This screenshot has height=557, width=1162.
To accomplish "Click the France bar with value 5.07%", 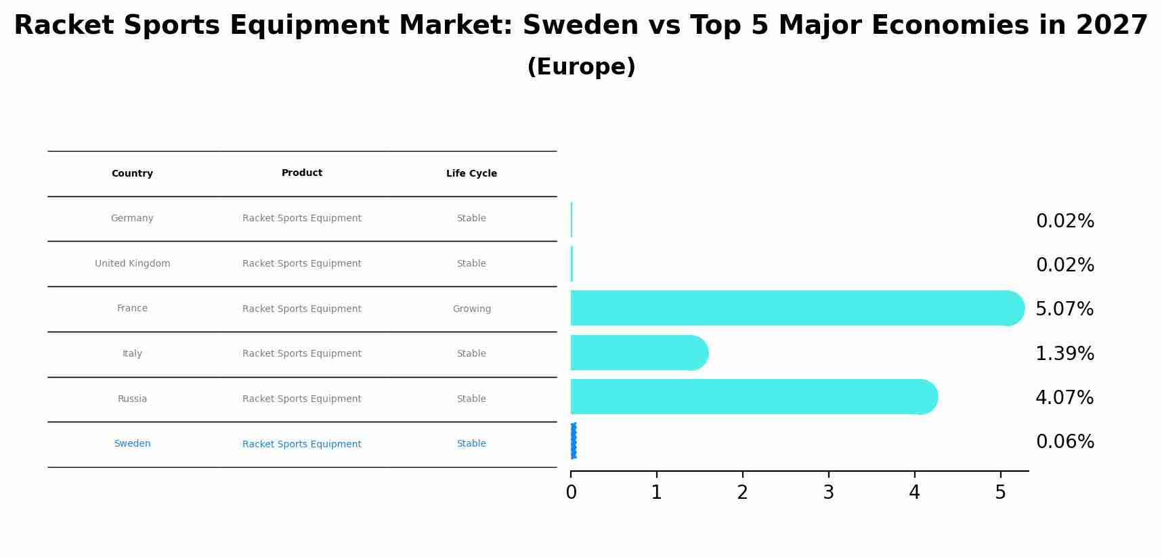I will click(792, 308).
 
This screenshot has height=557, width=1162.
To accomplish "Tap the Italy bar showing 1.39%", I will click(637, 353).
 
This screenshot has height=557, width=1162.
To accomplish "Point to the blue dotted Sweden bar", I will click(574, 441).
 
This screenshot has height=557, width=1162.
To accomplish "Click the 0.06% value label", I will click(1064, 442).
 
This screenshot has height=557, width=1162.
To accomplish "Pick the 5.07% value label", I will click(1064, 309).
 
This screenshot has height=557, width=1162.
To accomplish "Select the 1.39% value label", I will click(1064, 353).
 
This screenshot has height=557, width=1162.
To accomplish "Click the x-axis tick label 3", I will click(828, 493).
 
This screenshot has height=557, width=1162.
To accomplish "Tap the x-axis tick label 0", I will click(571, 493).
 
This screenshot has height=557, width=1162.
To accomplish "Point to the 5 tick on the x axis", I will click(1000, 493).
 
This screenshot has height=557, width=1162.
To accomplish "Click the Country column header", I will click(132, 174).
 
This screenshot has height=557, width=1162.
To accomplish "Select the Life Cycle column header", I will click(471, 174).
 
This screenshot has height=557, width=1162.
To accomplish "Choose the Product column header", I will click(301, 173).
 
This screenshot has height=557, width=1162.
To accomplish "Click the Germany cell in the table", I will click(132, 219).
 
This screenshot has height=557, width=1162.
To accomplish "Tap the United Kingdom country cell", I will click(132, 264).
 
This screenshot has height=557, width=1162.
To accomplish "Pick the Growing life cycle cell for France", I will click(471, 309).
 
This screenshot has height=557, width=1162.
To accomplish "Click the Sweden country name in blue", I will click(132, 444).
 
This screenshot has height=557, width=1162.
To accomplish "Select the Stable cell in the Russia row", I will click(471, 399).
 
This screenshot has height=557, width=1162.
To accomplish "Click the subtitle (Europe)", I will click(581, 67).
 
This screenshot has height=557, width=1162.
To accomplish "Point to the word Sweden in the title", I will click(580, 26).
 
